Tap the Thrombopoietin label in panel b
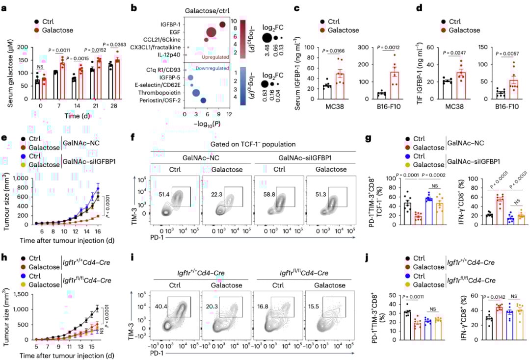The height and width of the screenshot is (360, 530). tap(158, 92)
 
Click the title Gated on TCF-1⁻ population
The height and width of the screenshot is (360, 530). tap(254, 145)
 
